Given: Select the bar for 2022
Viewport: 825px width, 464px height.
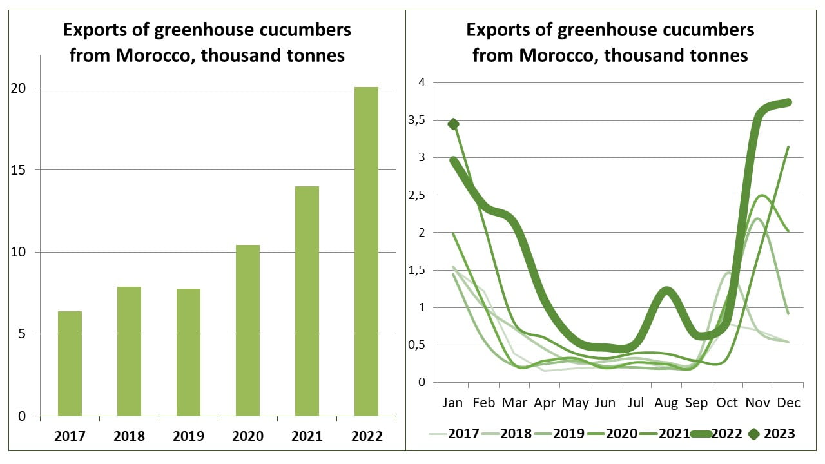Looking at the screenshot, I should (366, 251).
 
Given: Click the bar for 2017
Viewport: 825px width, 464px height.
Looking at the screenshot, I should (70, 363).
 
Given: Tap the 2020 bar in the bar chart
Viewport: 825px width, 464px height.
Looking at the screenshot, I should (247, 330).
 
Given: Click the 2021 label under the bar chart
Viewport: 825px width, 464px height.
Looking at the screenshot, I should (307, 436).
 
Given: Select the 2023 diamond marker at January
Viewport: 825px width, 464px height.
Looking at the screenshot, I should (453, 124).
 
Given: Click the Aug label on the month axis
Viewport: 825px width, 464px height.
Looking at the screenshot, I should (666, 403).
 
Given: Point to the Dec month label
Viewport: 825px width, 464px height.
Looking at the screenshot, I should (788, 403).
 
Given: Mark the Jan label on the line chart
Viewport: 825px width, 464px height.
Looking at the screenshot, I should (453, 403).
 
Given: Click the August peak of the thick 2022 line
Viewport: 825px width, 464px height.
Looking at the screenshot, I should (666, 292).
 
